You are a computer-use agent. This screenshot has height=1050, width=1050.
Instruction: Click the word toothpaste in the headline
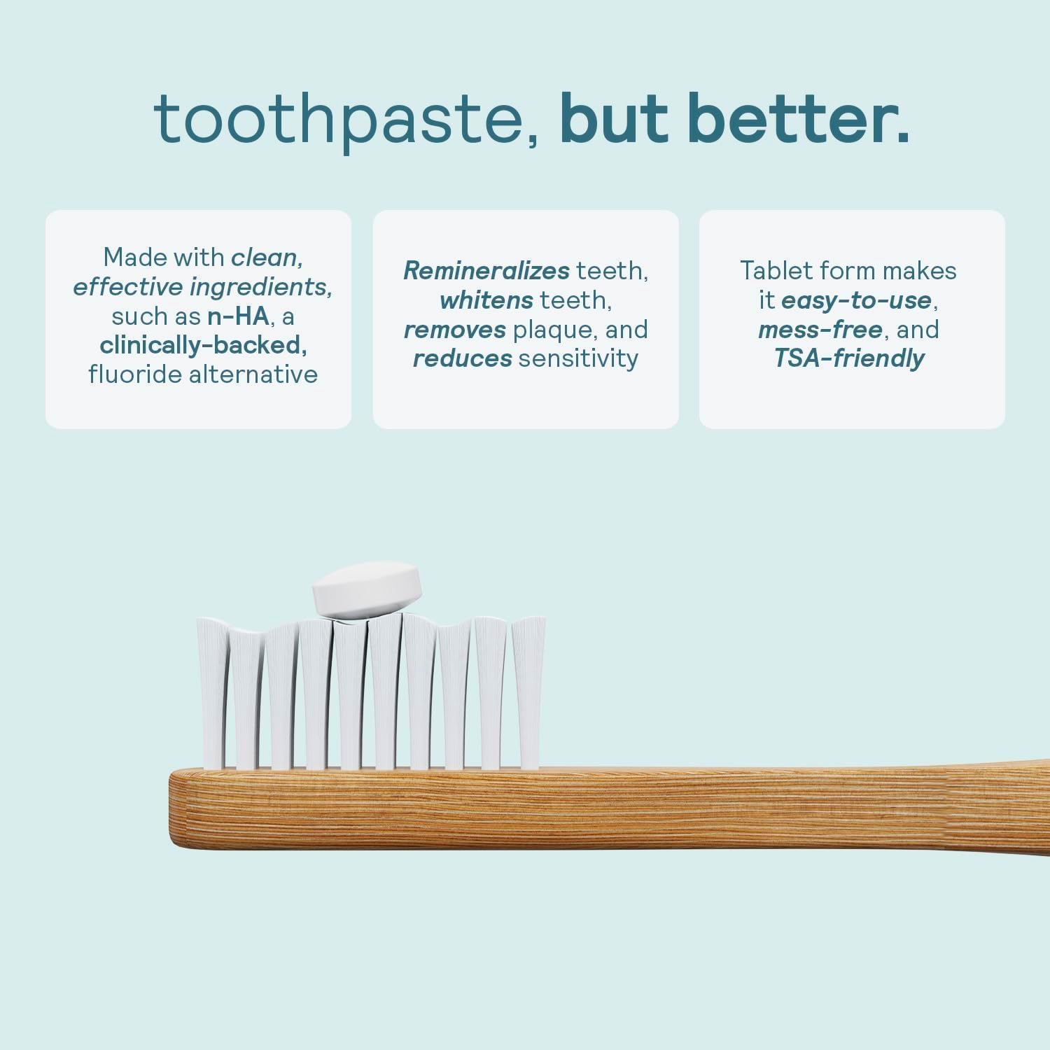click(346, 119)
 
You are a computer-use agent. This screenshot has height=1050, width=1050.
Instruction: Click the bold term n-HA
click(238, 316)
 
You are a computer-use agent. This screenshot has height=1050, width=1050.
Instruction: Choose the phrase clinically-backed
click(203, 345)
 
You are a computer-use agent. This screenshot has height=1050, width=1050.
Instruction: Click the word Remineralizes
click(486, 271)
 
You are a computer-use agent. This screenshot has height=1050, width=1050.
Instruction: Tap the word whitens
click(486, 300)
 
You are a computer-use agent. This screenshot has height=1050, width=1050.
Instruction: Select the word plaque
click(554, 330)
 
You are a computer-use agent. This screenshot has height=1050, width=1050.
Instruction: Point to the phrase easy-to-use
click(855, 300)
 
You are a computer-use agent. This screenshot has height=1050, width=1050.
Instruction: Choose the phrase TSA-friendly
click(849, 358)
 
